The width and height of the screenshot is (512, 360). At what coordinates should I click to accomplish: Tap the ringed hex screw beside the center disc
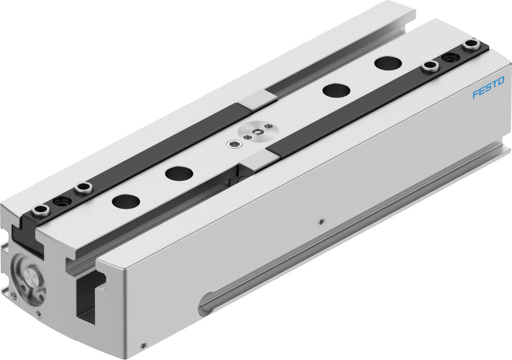[234, 144]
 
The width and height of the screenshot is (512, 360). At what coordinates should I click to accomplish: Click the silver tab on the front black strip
[252, 160]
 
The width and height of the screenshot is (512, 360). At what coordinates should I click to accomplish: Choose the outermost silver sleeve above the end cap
[40, 209]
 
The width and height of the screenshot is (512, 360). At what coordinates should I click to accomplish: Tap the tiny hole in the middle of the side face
[321, 221]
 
